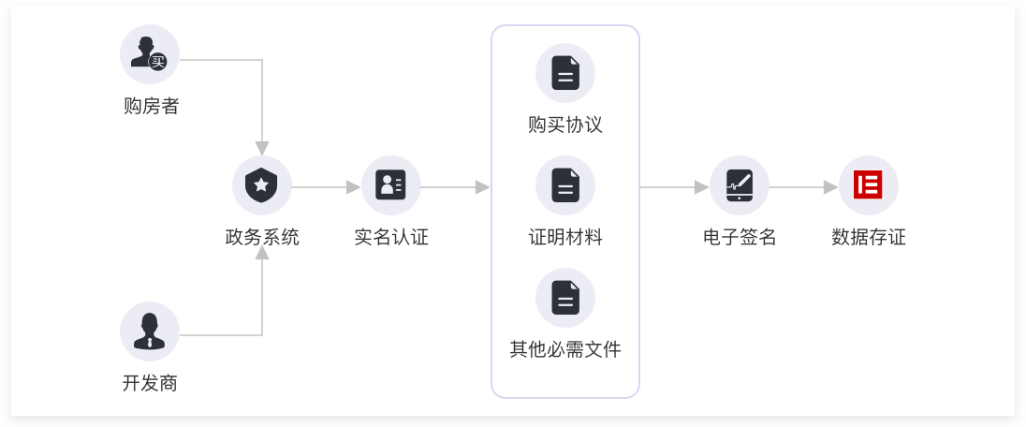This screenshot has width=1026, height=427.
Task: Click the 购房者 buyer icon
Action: coord(150,54)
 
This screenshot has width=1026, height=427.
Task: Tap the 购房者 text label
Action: coord(151,107)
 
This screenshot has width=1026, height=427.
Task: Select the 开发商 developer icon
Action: coord(150,331)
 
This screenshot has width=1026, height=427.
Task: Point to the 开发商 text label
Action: coord(150,383)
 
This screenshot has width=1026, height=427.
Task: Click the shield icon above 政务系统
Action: coord(262,185)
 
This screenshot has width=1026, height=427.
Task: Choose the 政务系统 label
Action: coord(262,238)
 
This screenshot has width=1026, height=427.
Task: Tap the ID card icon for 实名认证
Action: coord(391,185)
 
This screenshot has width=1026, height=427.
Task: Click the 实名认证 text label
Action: coord(391,238)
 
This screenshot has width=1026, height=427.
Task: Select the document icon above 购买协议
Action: coord(565,73)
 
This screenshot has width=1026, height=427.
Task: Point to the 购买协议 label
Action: coord(565,125)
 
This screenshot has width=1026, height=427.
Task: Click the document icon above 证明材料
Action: coord(565,185)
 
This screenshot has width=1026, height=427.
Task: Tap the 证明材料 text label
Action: coord(565,238)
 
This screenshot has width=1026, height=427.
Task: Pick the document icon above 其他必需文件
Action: coord(565,298)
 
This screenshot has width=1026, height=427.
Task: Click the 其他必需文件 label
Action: coord(565,350)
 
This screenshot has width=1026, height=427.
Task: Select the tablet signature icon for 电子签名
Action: coord(740,185)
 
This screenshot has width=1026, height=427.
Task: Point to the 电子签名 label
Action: coord(740,238)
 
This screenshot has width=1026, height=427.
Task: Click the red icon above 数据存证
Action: coord(869,185)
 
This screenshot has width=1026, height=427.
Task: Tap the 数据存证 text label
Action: coord(869,238)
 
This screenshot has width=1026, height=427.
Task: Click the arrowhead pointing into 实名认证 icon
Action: coord(353,187)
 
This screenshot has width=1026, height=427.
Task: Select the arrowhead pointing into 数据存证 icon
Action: coord(830,187)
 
